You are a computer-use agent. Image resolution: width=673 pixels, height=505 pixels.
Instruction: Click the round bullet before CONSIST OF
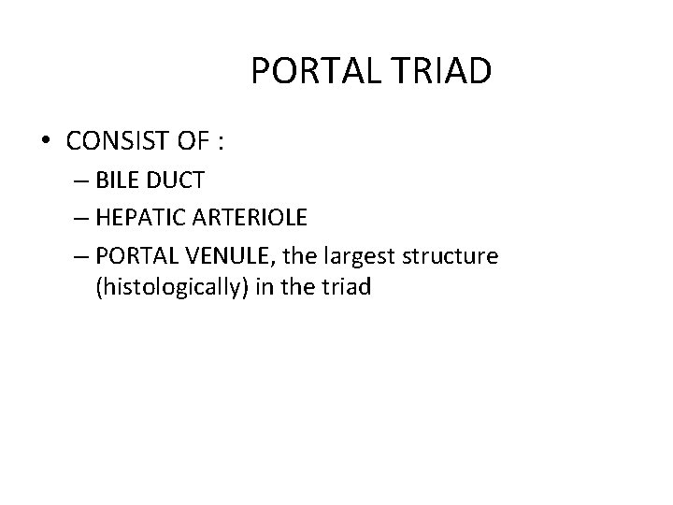[x=45, y=142]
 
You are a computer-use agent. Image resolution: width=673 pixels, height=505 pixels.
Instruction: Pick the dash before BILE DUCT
[x=76, y=180]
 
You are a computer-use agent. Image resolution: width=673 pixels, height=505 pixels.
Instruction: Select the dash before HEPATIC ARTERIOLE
[x=76, y=217]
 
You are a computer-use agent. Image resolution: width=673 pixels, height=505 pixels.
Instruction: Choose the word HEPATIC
[x=144, y=217]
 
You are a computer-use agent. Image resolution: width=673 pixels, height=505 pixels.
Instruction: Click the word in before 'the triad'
[x=268, y=288]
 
